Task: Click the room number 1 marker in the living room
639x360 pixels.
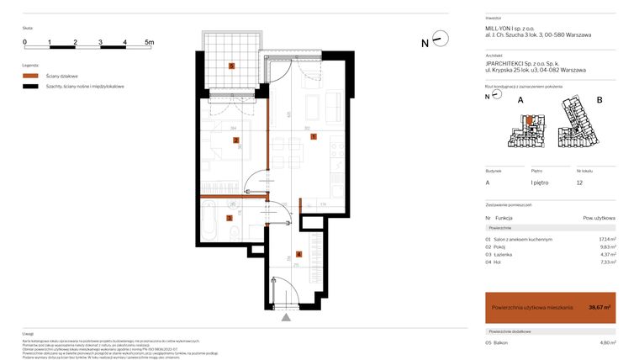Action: [x=313, y=135]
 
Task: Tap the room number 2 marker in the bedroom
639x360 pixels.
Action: [x=237, y=140]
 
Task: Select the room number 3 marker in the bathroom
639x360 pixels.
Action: [x=229, y=217]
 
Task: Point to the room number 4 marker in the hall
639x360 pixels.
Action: [x=298, y=253]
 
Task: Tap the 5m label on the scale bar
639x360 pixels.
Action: [x=149, y=41]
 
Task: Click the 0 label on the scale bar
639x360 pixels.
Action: [x=25, y=41]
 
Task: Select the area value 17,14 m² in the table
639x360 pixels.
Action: [x=607, y=239]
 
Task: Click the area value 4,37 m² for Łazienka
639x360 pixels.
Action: [x=608, y=254]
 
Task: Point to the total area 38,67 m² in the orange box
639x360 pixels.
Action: [x=599, y=307]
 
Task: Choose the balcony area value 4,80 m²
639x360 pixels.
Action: [x=607, y=342]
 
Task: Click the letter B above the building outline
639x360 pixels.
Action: [x=599, y=100]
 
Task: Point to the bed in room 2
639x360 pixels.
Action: [x=220, y=153]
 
